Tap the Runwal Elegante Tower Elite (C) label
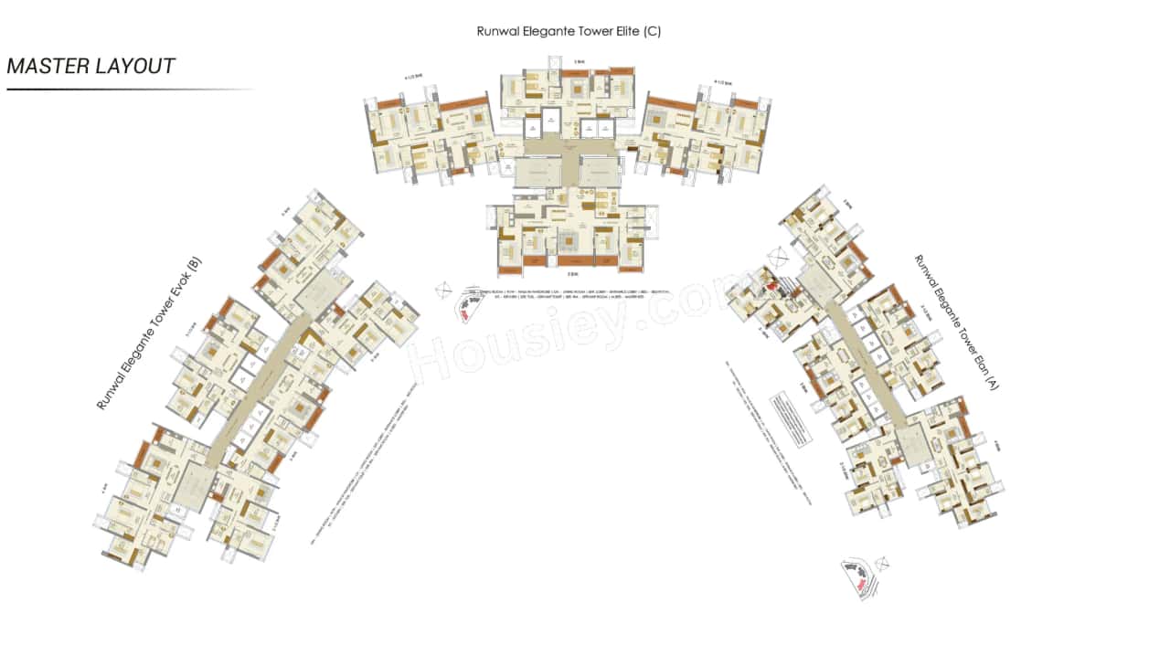pos(568,31)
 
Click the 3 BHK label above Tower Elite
pos(579,61)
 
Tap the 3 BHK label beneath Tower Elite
pos(573,274)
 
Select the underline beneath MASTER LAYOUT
pos(128,90)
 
